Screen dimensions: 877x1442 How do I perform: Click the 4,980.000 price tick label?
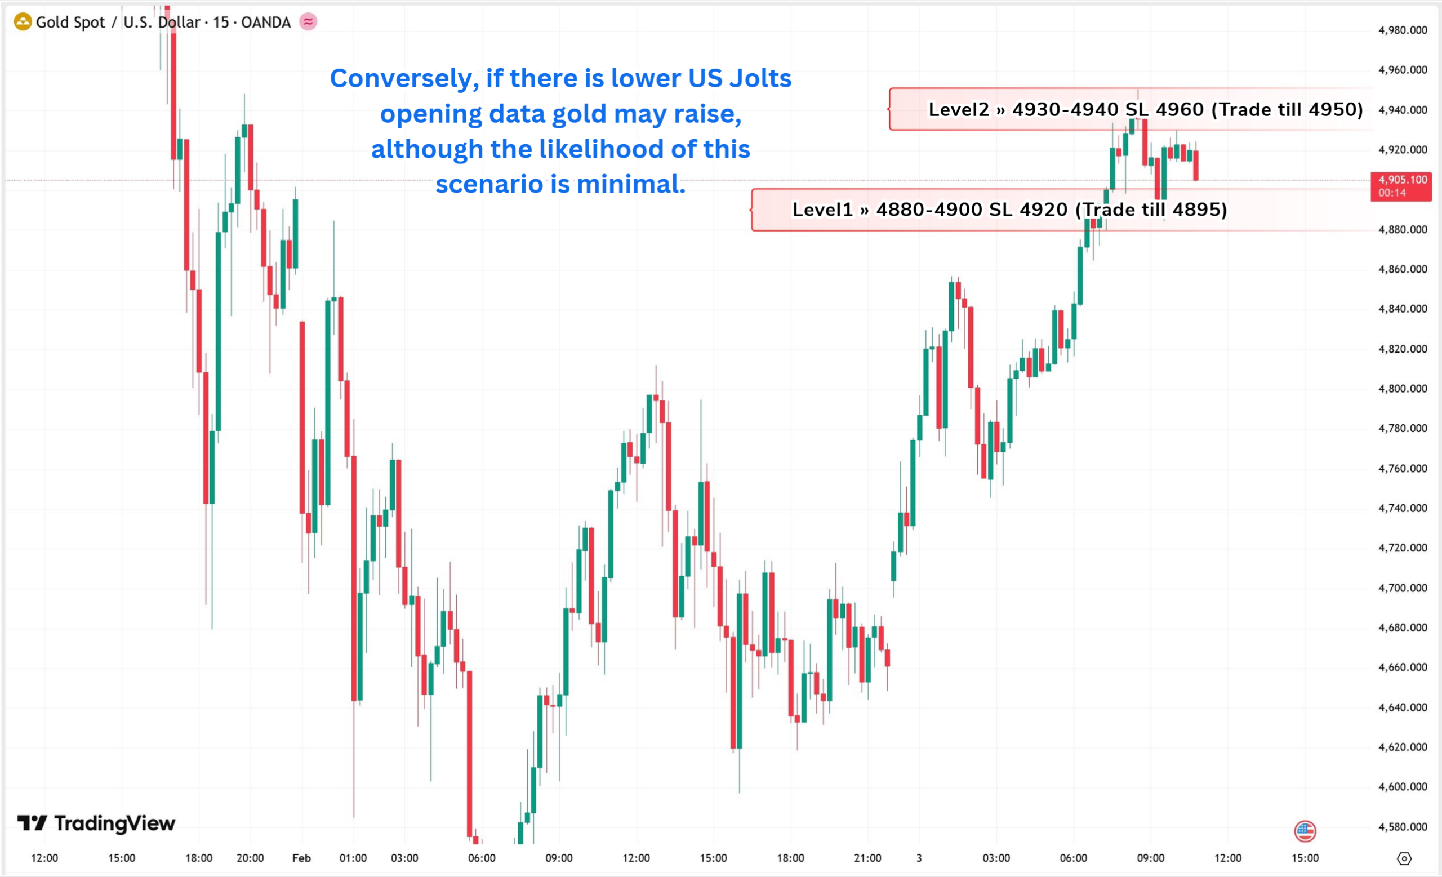(1402, 30)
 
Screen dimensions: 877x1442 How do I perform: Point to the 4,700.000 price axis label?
(1402, 588)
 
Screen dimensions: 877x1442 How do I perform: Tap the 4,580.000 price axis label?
(1402, 827)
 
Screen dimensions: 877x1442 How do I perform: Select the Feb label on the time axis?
(301, 858)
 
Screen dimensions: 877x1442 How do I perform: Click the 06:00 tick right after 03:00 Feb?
(482, 858)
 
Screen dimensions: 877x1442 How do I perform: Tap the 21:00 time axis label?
(867, 858)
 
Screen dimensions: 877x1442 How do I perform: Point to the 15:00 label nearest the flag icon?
(1305, 858)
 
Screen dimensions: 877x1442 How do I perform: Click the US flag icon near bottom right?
(1305, 831)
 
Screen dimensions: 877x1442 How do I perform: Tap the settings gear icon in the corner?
(1405, 858)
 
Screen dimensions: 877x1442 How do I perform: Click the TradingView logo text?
(115, 823)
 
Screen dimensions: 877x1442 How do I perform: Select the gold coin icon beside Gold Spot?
(22, 22)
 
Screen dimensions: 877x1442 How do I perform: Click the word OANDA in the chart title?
(266, 22)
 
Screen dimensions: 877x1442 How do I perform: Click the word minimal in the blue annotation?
(630, 184)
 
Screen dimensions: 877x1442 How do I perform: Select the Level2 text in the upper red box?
(958, 109)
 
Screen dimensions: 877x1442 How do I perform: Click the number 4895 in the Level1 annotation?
(1199, 210)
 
